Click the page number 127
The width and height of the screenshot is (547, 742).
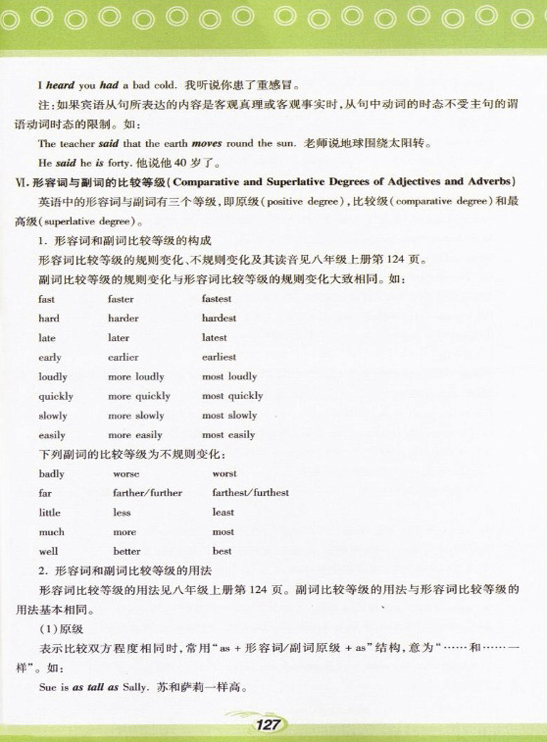click(268, 724)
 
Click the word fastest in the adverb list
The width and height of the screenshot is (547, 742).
click(216, 298)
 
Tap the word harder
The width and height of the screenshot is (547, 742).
click(123, 318)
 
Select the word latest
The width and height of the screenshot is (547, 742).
click(214, 337)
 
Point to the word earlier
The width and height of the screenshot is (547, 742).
click(123, 357)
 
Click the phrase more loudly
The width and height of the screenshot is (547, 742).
click(136, 376)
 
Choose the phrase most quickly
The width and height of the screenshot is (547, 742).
click(232, 396)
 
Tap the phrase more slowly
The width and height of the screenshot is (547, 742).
click(136, 415)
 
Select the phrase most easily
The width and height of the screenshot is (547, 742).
click(228, 435)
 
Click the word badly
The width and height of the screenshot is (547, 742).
click(51, 473)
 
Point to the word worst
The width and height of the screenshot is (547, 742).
click(224, 473)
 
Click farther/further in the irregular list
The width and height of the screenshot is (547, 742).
click(147, 493)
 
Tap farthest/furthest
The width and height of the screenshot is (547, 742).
click(251, 493)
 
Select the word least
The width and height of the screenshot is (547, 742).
click(223, 512)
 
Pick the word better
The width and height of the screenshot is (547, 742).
click(127, 551)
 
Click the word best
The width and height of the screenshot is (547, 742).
click(222, 551)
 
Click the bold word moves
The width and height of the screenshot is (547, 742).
click(206, 143)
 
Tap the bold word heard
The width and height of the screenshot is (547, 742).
click(60, 85)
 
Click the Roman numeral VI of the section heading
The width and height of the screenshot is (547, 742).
click(21, 182)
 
